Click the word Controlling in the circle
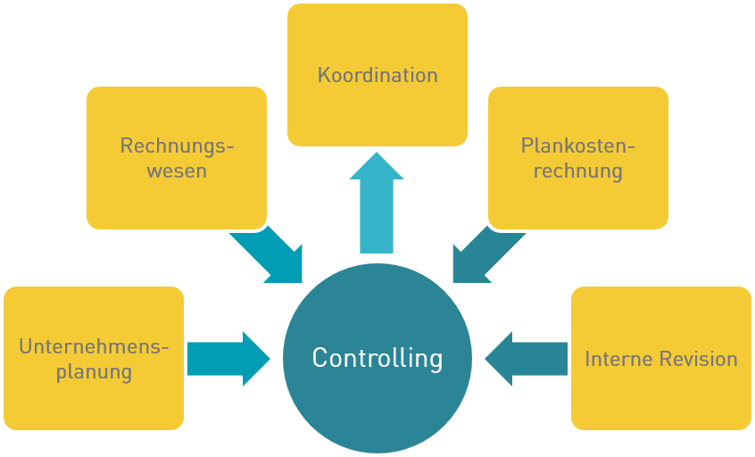377,358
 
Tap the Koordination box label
377,75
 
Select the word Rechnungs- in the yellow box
177,145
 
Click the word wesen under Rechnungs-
177,170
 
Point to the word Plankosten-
577,145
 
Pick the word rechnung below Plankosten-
577,170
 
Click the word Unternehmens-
94,346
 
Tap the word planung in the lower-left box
94,371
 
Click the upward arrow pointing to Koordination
377,204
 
